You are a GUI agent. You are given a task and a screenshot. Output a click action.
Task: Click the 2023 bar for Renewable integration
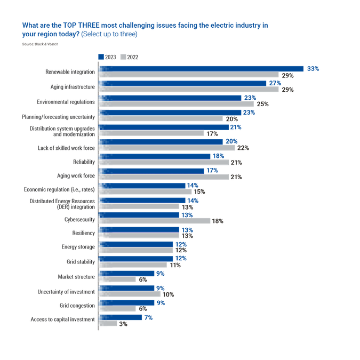click(x=201, y=69)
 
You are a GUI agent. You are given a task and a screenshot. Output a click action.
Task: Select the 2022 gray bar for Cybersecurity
click(x=155, y=221)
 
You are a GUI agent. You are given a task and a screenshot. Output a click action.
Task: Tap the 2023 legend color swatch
click(x=101, y=57)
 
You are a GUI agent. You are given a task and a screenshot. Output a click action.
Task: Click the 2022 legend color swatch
click(x=123, y=57)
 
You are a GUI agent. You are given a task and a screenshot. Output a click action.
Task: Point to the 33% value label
click(x=313, y=69)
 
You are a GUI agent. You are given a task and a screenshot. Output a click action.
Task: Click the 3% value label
click(x=123, y=324)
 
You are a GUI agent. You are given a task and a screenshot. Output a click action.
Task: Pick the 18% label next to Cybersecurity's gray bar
click(x=218, y=221)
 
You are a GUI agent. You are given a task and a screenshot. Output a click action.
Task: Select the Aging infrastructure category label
click(x=73, y=87)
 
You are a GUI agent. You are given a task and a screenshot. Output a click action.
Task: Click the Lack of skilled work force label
click(x=66, y=148)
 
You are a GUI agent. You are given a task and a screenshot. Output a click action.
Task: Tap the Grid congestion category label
click(x=77, y=306)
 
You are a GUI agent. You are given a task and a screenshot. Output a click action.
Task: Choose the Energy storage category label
click(x=78, y=247)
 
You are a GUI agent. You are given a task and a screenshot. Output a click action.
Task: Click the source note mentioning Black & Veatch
click(x=40, y=44)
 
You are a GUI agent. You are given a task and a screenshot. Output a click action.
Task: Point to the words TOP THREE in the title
click(x=81, y=25)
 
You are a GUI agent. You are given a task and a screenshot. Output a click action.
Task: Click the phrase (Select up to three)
click(x=109, y=34)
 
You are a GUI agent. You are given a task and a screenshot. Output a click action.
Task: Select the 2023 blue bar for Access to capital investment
click(x=121, y=317)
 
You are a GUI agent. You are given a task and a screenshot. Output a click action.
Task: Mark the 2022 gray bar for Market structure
click(x=117, y=279)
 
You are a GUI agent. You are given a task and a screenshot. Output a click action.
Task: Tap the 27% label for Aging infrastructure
click(x=275, y=83)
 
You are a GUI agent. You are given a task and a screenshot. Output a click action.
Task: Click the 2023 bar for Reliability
click(x=155, y=156)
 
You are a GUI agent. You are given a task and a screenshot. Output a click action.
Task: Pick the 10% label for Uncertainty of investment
click(x=169, y=294)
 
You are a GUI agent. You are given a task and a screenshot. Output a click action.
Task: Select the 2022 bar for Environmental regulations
click(x=177, y=104)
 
